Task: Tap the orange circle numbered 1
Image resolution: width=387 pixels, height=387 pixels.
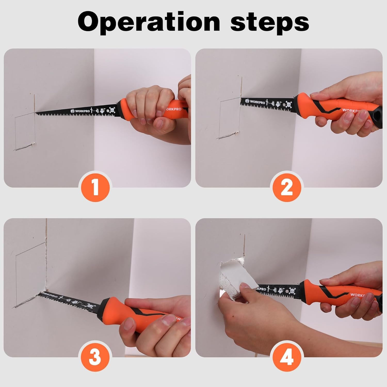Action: pyautogui.click(x=96, y=187)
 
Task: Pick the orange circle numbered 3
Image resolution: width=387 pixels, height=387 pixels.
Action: pyautogui.click(x=96, y=357)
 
